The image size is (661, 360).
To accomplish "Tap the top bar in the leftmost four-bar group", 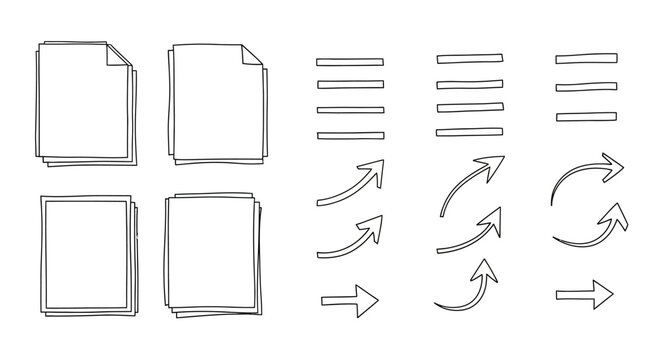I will (x=349, y=62).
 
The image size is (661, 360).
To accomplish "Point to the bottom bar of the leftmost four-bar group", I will (x=349, y=135).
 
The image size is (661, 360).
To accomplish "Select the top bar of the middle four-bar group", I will (x=468, y=59).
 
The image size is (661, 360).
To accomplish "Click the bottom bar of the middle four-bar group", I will (x=468, y=131).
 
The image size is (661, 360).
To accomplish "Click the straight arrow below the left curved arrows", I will (x=349, y=299).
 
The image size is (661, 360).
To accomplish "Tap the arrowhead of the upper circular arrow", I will (x=611, y=162).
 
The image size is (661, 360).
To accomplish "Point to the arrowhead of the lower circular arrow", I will (x=618, y=215).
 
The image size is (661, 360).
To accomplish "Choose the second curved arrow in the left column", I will (x=349, y=237).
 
